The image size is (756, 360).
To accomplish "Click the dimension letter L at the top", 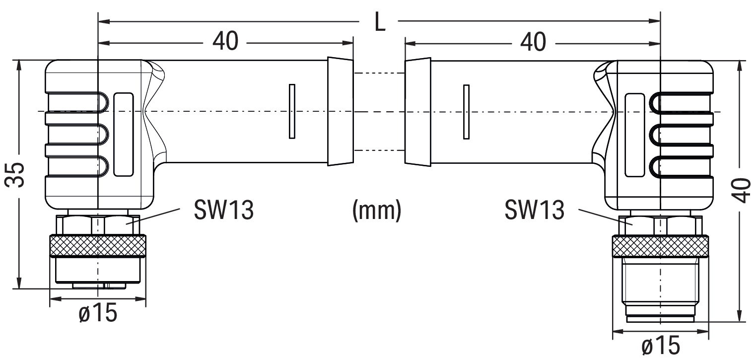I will (380, 22).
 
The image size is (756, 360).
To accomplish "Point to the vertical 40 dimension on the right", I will (742, 191).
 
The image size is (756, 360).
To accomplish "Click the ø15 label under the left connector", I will (98, 313).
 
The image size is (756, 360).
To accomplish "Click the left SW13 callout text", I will (223, 211).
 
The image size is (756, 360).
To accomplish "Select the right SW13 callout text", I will (534, 211).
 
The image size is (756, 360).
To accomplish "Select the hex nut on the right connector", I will (660, 226).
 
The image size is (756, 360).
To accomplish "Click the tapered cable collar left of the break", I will (340, 111).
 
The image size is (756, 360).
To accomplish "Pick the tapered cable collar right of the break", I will (417, 111).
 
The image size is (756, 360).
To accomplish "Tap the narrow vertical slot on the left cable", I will (292, 111).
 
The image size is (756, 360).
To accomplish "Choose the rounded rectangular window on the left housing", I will (124, 134).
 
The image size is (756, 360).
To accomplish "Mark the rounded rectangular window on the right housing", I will (634, 134).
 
